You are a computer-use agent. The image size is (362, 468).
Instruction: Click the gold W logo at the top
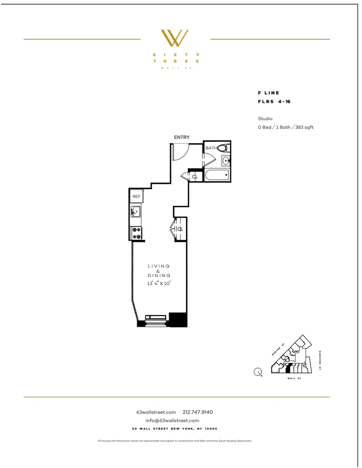(x=174, y=38)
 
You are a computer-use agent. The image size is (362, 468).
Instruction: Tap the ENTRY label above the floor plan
(x=182, y=137)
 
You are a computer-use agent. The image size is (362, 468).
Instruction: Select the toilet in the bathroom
(x=223, y=148)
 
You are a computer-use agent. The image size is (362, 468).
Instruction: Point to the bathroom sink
(x=226, y=161)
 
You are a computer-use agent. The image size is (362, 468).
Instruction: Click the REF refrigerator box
(x=136, y=197)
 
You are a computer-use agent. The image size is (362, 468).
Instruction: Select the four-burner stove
(x=137, y=233)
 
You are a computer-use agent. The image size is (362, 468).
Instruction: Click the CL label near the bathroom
(x=195, y=176)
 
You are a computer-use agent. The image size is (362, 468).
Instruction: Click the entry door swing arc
(x=182, y=151)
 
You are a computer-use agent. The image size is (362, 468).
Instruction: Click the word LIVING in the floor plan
(x=159, y=266)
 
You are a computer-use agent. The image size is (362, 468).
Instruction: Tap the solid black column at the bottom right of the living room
(x=178, y=319)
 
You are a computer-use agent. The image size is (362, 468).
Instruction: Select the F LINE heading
(x=268, y=93)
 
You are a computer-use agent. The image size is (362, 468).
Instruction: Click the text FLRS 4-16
(x=274, y=102)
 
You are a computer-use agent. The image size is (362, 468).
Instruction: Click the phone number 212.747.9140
(x=198, y=412)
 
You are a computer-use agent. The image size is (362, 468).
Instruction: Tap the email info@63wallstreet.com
(x=172, y=420)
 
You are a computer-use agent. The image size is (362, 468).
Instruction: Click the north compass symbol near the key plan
(x=258, y=373)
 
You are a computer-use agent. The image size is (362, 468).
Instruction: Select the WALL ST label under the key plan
(x=294, y=378)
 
